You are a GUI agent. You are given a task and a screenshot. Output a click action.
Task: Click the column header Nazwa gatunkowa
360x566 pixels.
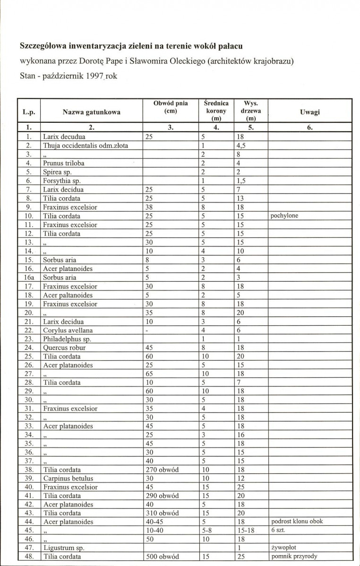pos(91,112)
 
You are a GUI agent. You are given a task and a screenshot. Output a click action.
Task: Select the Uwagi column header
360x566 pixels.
pos(310,112)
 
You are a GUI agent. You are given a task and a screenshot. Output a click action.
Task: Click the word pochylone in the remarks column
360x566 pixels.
pos(285,216)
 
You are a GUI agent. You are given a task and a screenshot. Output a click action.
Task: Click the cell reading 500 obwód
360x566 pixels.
pos(163,557)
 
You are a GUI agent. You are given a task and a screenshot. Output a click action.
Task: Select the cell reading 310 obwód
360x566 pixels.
pos(163,513)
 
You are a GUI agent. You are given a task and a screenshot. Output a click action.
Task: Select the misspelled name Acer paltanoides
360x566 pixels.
pos(68,295)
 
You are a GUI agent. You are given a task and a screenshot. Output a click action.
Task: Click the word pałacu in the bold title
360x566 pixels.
pos(236,46)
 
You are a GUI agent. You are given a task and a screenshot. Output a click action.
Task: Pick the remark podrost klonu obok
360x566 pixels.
pos(300,522)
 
